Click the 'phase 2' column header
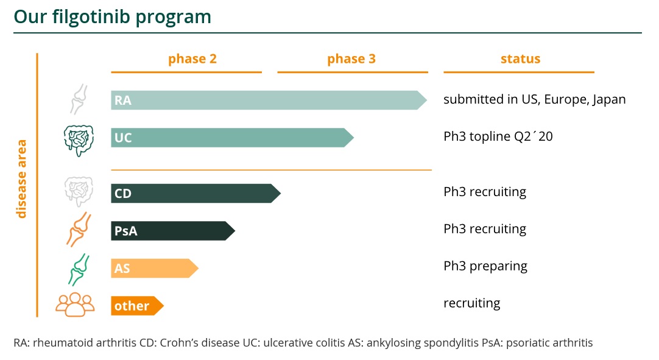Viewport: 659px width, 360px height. click(x=192, y=59)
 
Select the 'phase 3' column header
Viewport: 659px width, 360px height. click(x=351, y=59)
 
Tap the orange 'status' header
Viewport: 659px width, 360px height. click(x=520, y=59)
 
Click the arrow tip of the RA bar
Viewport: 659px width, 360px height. click(x=422, y=100)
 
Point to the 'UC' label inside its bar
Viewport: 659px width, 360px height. click(x=123, y=138)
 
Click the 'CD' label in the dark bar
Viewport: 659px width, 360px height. click(x=123, y=194)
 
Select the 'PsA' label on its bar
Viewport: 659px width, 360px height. click(x=125, y=231)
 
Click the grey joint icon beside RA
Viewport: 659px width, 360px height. click(x=79, y=99)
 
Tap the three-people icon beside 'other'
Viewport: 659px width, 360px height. click(x=75, y=305)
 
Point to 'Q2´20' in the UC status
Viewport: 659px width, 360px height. click(x=534, y=136)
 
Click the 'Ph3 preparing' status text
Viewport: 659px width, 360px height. click(x=485, y=266)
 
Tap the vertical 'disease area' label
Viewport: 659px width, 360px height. click(x=22, y=178)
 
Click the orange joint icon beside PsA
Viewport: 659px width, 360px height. click(x=79, y=229)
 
